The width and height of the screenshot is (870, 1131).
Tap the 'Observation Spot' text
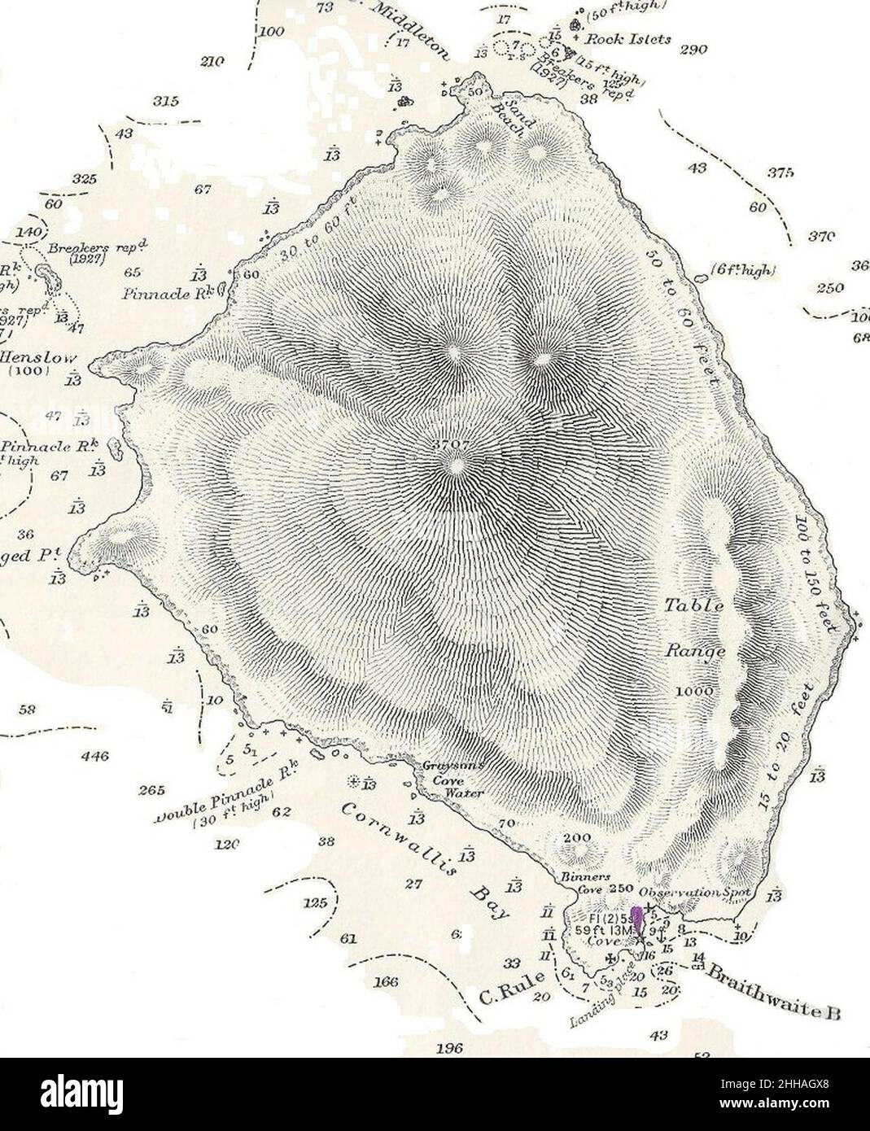click(699, 892)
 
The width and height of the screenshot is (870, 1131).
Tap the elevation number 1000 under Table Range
click(694, 691)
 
